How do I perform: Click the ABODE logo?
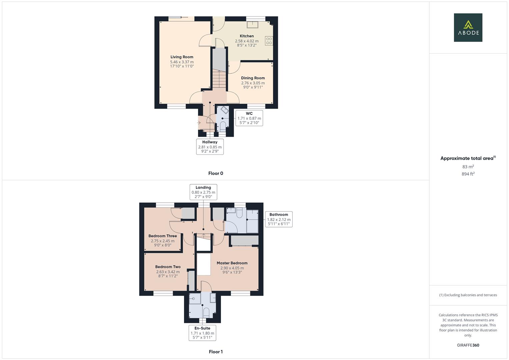[468, 27]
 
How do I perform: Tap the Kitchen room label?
[247, 36]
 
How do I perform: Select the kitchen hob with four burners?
[269, 41]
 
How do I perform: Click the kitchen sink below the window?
[253, 25]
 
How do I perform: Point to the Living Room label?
[182, 57]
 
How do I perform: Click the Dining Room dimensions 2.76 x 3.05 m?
[253, 83]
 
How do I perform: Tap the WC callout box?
[249, 118]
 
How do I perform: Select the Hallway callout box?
[210, 147]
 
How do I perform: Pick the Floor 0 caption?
[216, 173]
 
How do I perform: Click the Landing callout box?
[203, 192]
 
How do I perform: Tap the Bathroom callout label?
[279, 215]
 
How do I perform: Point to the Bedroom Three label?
[163, 236]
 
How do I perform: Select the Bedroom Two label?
[168, 267]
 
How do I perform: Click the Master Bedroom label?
[232, 263]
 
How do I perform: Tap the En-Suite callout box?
[202, 333]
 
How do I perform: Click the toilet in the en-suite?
[206, 313]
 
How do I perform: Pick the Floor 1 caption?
[216, 352]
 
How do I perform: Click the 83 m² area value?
[468, 167]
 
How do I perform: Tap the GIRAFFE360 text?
[468, 345]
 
